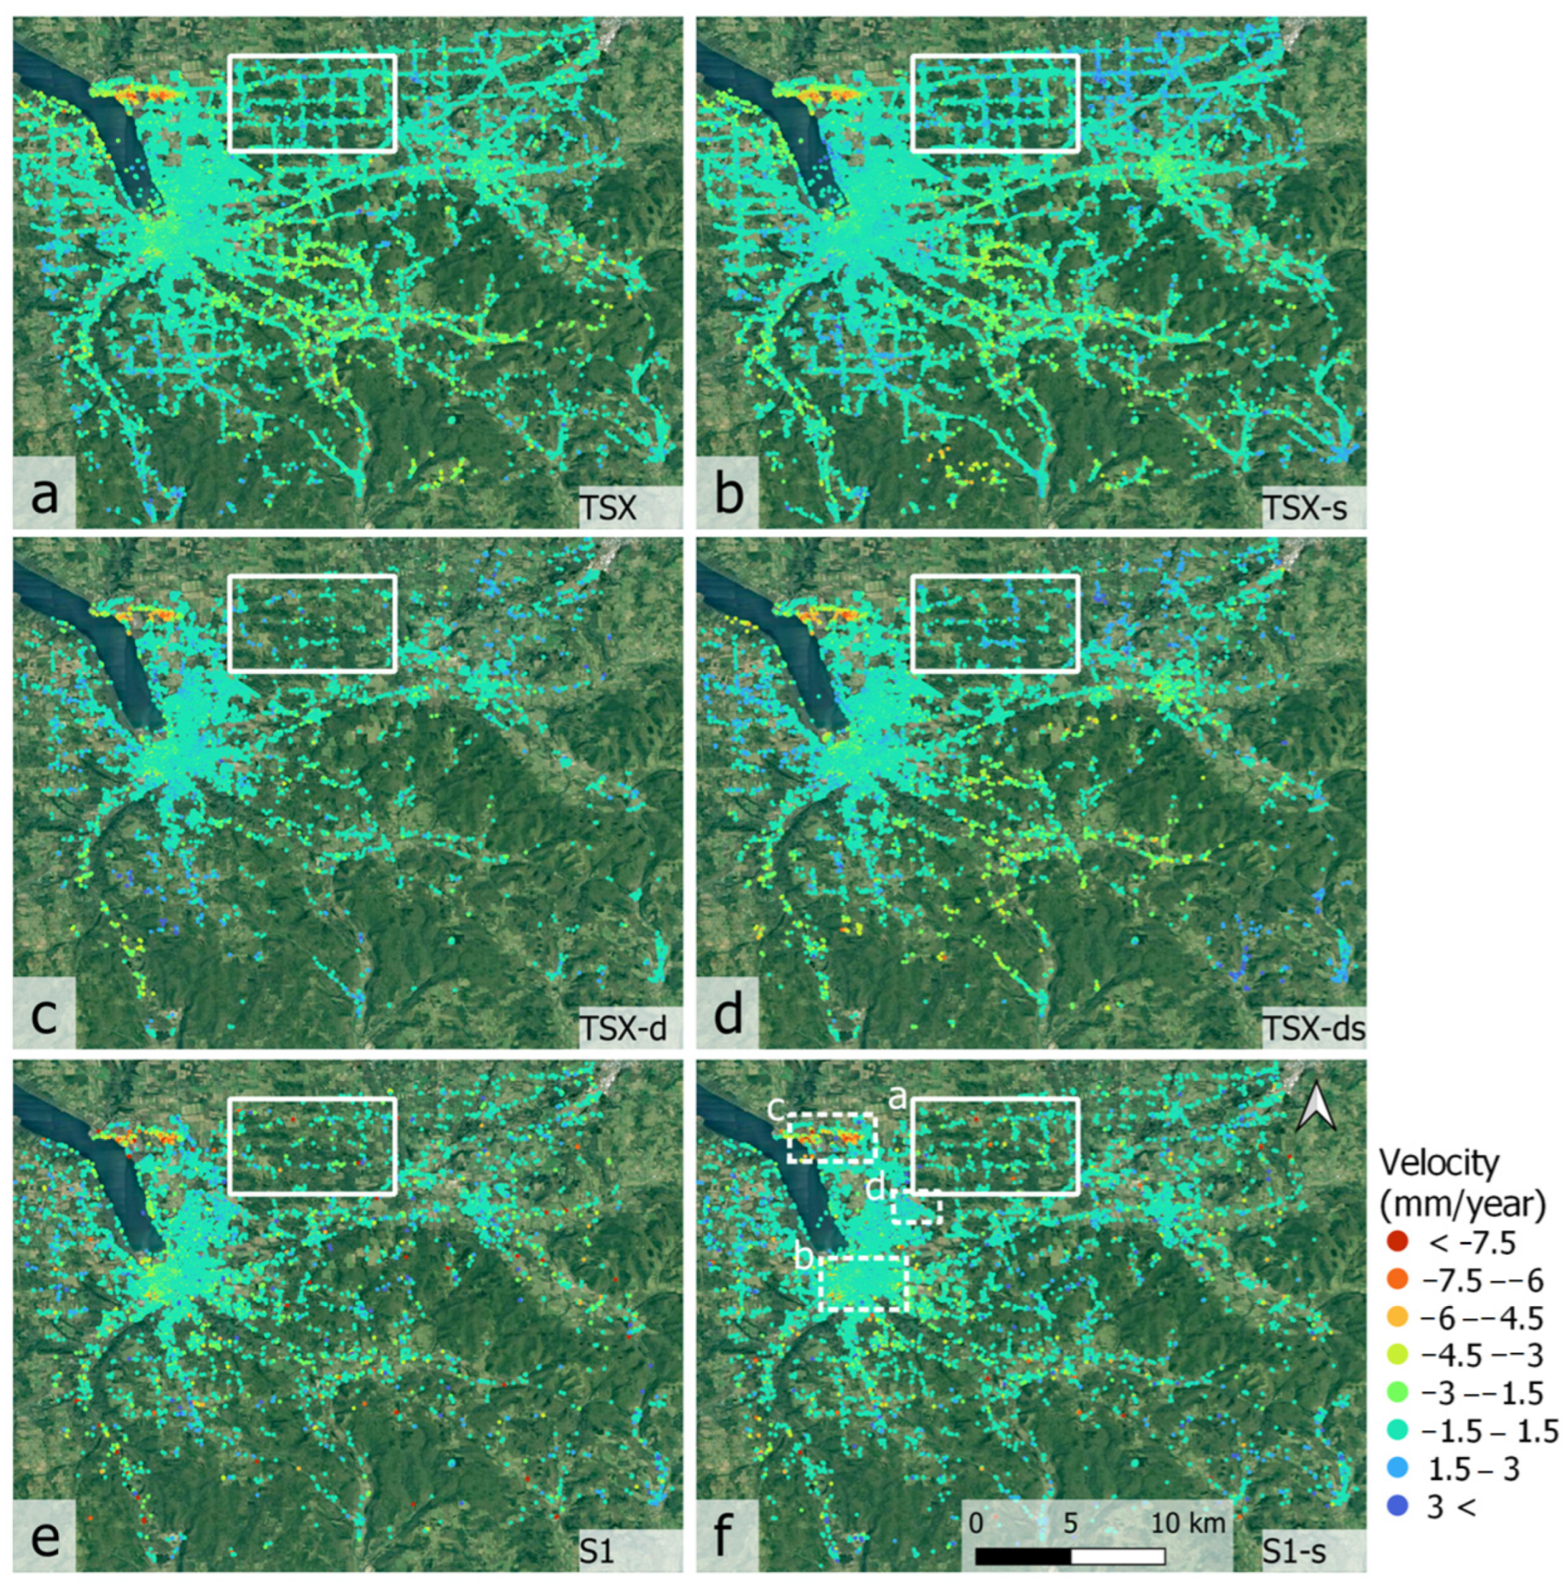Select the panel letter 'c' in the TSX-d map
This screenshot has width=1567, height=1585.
[x=44, y=1015]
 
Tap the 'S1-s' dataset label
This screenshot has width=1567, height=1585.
[x=1293, y=1549]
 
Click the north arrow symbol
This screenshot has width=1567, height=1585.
[x=1315, y=1107]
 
